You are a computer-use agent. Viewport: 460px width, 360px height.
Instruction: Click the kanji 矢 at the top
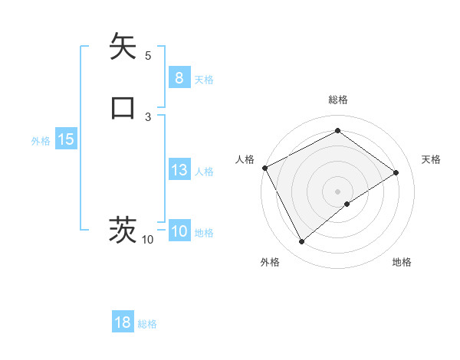tap(123, 47)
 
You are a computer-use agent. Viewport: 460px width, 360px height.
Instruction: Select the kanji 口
tap(123, 107)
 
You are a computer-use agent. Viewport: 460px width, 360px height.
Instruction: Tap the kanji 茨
tap(123, 230)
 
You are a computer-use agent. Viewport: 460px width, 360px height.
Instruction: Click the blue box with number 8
tap(179, 77)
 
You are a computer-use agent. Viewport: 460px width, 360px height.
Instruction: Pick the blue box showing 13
tap(179, 170)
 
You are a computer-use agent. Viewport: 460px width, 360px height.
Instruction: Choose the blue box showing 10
tap(179, 231)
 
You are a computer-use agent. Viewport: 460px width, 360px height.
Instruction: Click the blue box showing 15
tap(65, 139)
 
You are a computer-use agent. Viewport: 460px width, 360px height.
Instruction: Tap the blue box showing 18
tap(123, 322)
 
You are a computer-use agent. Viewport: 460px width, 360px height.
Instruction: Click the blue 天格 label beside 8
tap(204, 80)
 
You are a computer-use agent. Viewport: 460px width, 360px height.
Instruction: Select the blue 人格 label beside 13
tap(204, 172)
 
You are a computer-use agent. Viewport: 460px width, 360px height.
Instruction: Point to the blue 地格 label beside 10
tap(204, 233)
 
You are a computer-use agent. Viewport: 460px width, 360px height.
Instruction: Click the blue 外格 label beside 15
tap(41, 141)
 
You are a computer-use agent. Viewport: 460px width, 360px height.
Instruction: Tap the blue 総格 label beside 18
tap(147, 324)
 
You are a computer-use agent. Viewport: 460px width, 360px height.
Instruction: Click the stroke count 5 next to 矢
tap(148, 55)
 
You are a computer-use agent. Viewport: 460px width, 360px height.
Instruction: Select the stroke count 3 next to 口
tap(148, 116)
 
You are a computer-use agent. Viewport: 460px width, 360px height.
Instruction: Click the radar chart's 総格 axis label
tap(337, 100)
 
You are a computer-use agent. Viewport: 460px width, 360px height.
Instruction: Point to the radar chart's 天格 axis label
tap(431, 159)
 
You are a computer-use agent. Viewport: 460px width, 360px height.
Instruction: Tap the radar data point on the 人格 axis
tap(264, 168)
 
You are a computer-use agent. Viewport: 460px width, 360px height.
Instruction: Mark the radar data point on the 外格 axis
tap(301, 242)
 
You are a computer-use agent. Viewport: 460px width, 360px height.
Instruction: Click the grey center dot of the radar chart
tap(337, 191)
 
